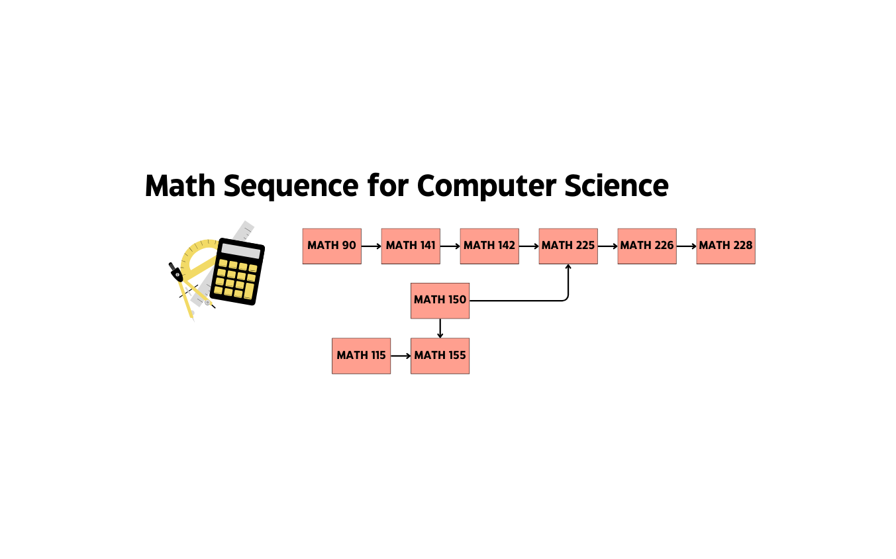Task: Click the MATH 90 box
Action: (332, 246)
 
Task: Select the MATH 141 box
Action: (411, 246)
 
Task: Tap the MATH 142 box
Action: (489, 246)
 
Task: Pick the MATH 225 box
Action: (568, 246)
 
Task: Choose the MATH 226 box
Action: (647, 246)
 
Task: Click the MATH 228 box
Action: (726, 246)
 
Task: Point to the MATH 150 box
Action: (440, 300)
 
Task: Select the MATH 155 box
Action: (440, 356)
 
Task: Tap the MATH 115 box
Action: (361, 356)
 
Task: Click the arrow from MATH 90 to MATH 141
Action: (372, 246)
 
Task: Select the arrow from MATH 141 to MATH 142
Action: (450, 246)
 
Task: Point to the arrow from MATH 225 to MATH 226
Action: (608, 246)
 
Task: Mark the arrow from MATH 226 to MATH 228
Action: (687, 246)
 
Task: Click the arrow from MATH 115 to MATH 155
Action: (401, 356)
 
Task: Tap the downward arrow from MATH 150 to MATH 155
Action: (440, 329)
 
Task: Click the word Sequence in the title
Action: (291, 187)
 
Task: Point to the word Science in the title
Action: (616, 185)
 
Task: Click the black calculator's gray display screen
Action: (240, 251)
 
